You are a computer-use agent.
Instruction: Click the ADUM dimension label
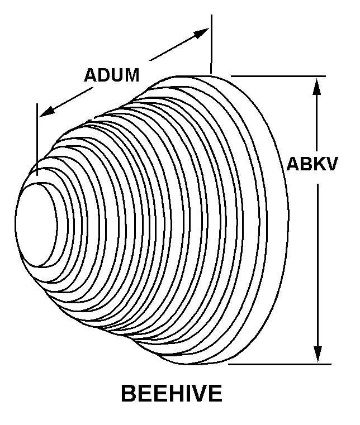111,75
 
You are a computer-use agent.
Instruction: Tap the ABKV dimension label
312,164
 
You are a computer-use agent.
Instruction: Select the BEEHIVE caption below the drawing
171,394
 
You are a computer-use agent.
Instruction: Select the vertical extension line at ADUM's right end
211,45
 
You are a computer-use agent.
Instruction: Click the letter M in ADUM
131,75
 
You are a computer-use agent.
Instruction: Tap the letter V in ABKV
331,164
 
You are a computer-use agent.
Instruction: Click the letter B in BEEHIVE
128,394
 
